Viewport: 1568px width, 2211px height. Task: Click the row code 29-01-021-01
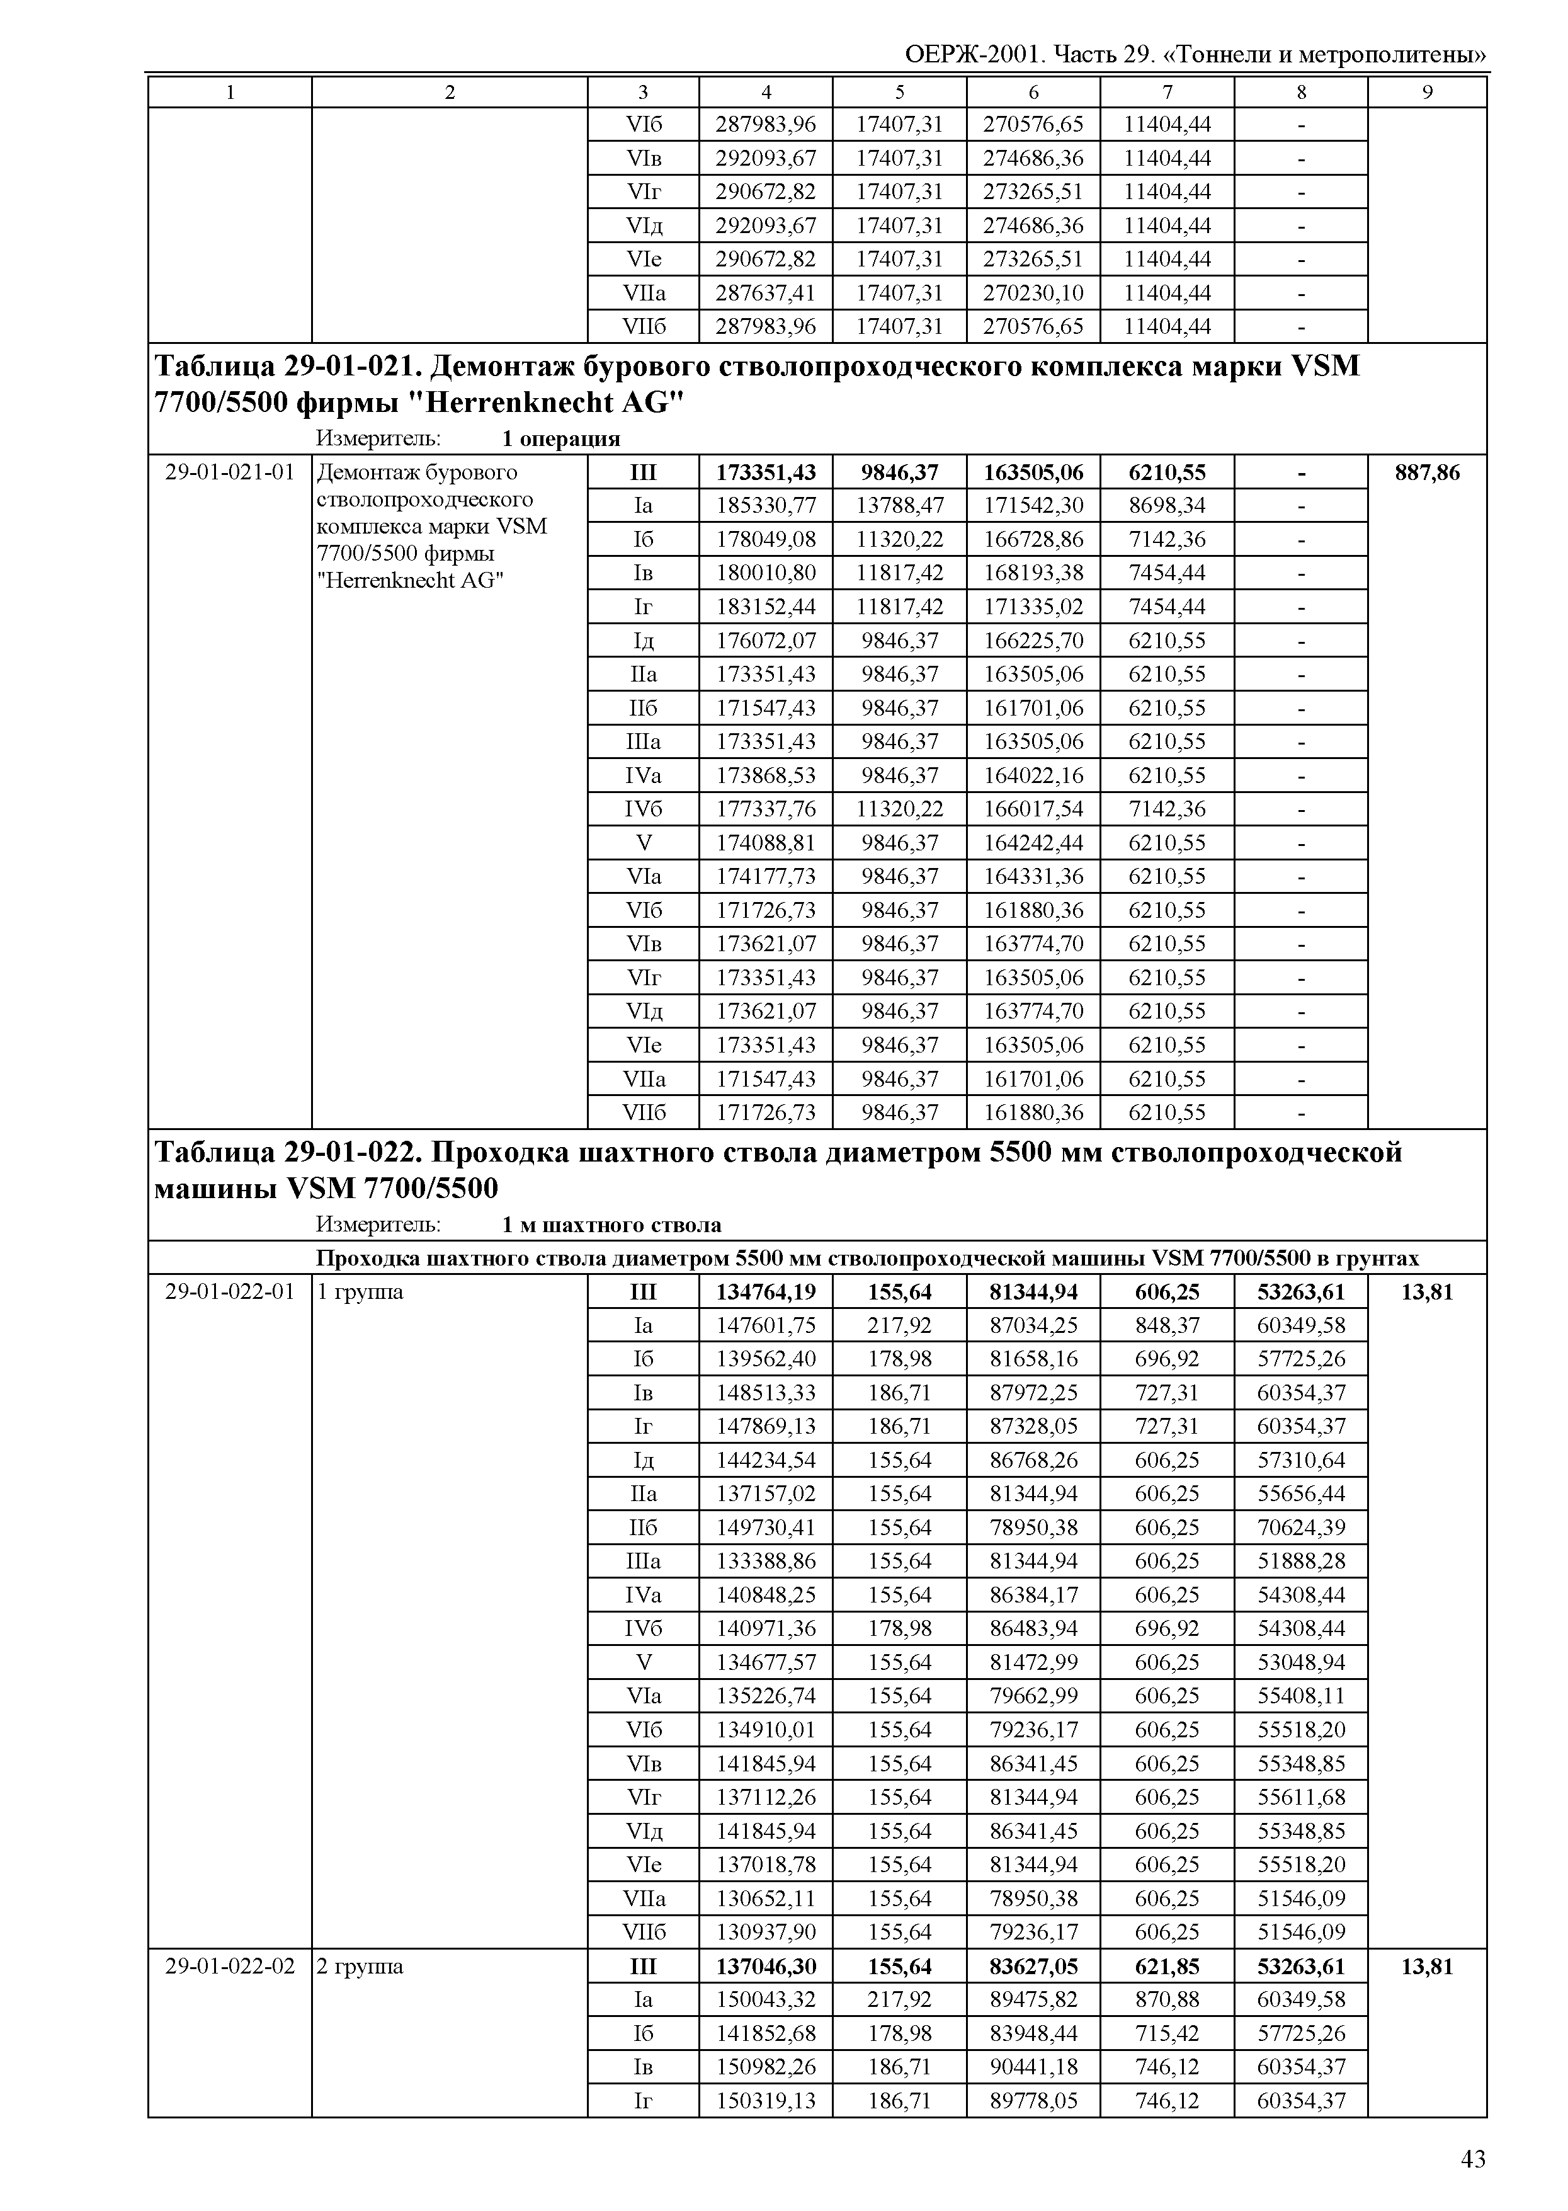pos(230,472)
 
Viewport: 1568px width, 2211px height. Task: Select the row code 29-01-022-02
pos(230,1967)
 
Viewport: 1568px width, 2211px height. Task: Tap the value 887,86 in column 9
pos(1427,472)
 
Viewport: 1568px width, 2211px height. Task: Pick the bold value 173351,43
pos(766,472)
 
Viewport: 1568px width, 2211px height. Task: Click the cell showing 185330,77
pos(766,505)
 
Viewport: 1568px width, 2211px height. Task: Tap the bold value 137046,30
pos(766,1967)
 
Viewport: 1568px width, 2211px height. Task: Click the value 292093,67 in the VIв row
pos(766,157)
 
